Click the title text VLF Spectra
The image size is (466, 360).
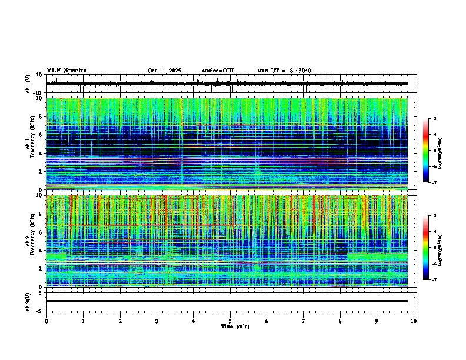pyautogui.click(x=66, y=71)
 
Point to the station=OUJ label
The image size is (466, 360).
pyautogui.click(x=218, y=71)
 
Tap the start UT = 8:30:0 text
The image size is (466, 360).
pyautogui.click(x=284, y=71)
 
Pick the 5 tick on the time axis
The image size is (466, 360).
pyautogui.click(x=230, y=321)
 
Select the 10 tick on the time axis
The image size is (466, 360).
pyautogui.click(x=414, y=321)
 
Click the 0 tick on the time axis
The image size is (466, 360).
pyautogui.click(x=46, y=321)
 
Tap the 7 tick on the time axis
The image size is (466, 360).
pyautogui.click(x=304, y=321)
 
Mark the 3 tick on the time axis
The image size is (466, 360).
pyautogui.click(x=157, y=321)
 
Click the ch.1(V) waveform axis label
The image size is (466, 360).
pyautogui.click(x=28, y=84)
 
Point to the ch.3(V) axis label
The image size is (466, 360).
pyautogui.click(x=28, y=301)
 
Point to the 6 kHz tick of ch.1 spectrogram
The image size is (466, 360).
pyautogui.click(x=42, y=135)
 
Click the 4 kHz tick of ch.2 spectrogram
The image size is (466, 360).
pyautogui.click(x=42, y=251)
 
